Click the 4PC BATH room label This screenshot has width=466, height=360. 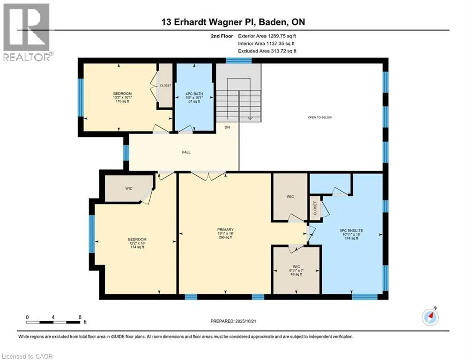pos(194,97)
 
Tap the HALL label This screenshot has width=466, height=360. pos(186,152)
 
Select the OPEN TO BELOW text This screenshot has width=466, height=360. pos(320,118)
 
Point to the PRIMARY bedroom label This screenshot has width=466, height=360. pos(225,233)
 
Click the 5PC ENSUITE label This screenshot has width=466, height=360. pos(351,234)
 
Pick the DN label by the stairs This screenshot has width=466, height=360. pos(227,127)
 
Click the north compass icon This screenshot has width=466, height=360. pos(430,317)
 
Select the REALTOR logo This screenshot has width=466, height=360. pos(27,32)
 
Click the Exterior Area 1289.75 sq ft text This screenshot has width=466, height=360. pos(267,36)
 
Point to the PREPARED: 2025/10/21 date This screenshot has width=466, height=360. pos(233,321)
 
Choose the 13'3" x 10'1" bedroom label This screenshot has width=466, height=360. pos(122,97)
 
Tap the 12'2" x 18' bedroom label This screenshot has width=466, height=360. pos(137,243)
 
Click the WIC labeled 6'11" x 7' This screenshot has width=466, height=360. pos(296,270)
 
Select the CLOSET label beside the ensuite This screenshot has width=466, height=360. pos(315,209)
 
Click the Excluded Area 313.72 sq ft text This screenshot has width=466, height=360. pos(267,51)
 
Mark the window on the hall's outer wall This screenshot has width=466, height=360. pos(126,153)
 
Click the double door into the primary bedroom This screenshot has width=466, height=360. pos(208,176)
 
